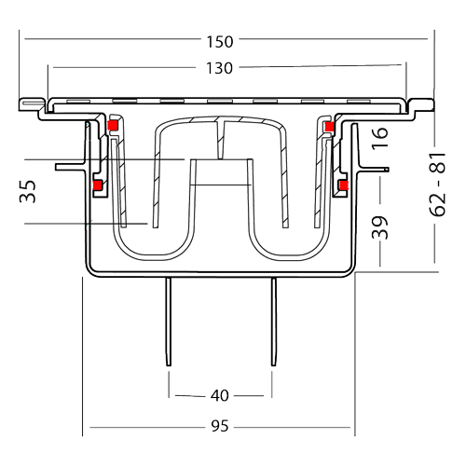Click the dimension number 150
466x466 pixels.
(220, 42)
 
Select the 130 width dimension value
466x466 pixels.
(219, 68)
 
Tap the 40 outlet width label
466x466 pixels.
(220, 396)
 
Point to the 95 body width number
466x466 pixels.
(220, 426)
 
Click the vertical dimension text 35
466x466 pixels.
(28, 191)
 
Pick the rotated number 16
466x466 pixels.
(379, 138)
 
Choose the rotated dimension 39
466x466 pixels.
(379, 227)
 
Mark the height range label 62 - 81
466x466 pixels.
(437, 185)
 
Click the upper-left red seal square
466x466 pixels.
(112, 125)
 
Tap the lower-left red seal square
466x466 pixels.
(98, 185)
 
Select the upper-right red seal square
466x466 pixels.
(329, 127)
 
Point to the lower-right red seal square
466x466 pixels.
(343, 185)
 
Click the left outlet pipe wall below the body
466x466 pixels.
(169, 322)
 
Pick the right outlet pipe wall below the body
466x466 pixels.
(274, 322)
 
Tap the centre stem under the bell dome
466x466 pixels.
(221, 139)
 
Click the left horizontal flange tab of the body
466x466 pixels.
(71, 167)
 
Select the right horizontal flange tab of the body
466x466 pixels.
(373, 170)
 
